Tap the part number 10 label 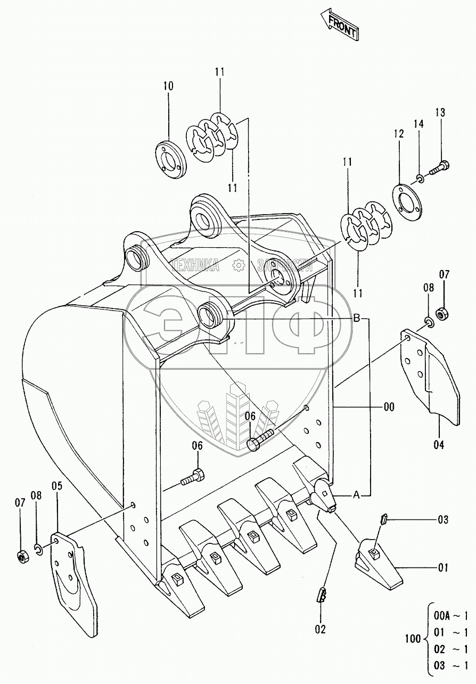[168, 86]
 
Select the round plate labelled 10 [170, 159]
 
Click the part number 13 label [440, 112]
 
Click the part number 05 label [57, 485]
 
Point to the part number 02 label [320, 629]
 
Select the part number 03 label [443, 519]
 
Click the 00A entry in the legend [442, 616]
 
